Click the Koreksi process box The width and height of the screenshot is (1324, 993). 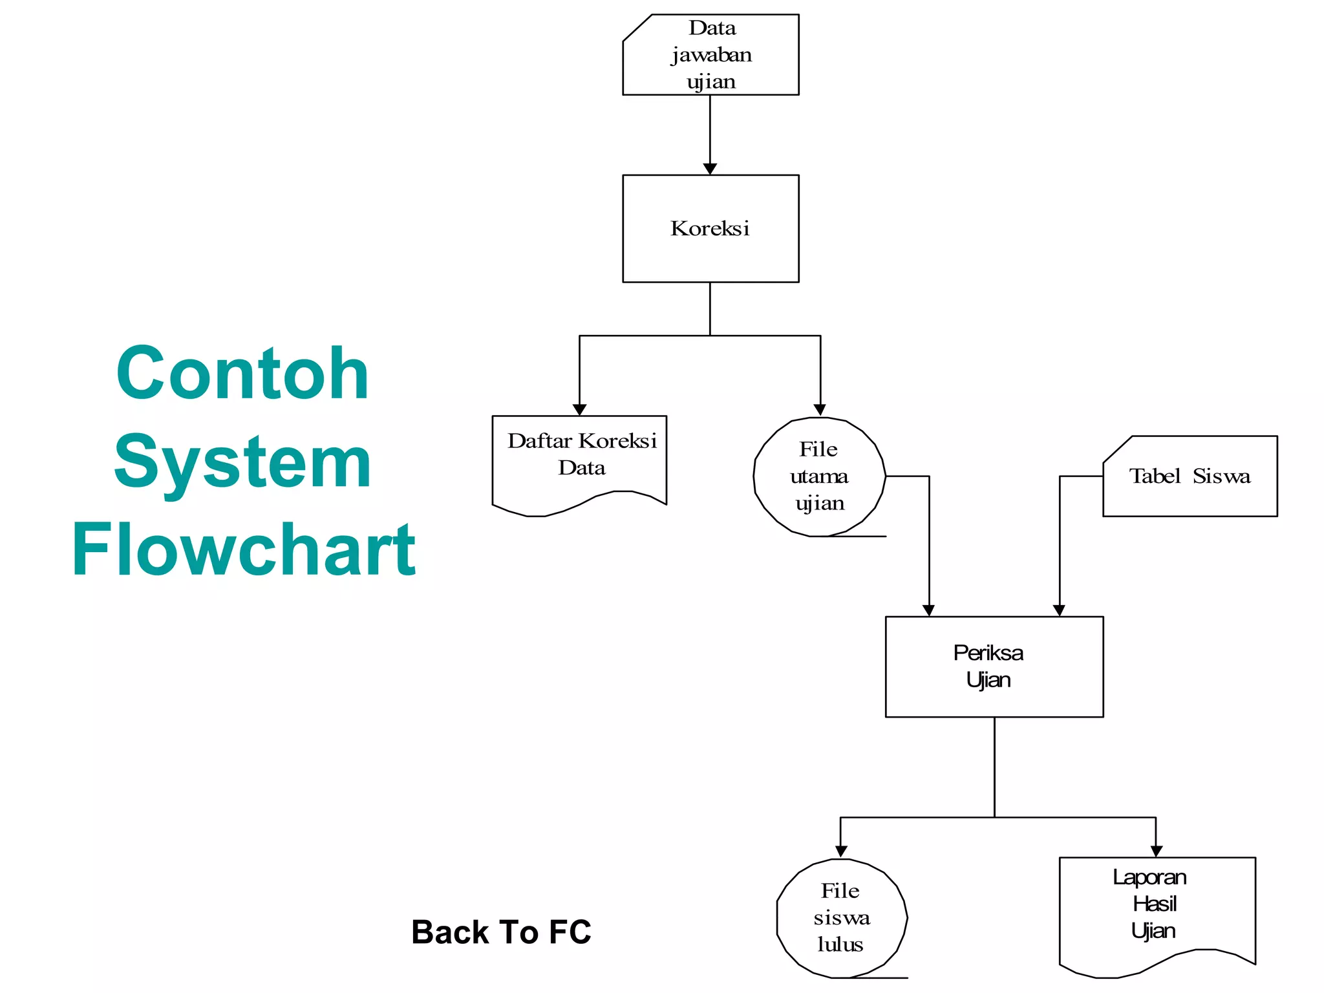click(x=710, y=228)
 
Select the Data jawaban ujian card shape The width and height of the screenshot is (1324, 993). click(x=710, y=55)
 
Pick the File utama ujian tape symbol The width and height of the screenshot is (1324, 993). click(x=818, y=476)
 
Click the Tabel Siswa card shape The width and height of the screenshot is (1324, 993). click(x=1190, y=476)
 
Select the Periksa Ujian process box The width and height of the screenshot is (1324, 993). click(x=994, y=667)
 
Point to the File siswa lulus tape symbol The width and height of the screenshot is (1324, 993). click(x=841, y=918)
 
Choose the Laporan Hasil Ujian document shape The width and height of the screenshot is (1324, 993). click(x=1157, y=912)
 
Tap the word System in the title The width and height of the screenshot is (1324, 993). click(x=242, y=462)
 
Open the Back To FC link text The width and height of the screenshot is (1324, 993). click(x=501, y=932)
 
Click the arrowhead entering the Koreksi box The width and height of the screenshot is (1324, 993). click(x=710, y=169)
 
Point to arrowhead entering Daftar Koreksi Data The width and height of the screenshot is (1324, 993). click(x=579, y=410)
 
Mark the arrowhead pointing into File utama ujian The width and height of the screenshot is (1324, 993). click(x=820, y=410)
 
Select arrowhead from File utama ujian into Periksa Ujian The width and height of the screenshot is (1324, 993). click(x=929, y=610)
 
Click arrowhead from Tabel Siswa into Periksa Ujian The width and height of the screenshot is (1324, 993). click(x=1059, y=610)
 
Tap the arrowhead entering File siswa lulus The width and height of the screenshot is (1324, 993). click(x=841, y=851)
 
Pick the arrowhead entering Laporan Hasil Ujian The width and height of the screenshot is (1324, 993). click(x=1156, y=851)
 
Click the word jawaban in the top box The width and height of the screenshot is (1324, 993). click(x=711, y=55)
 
